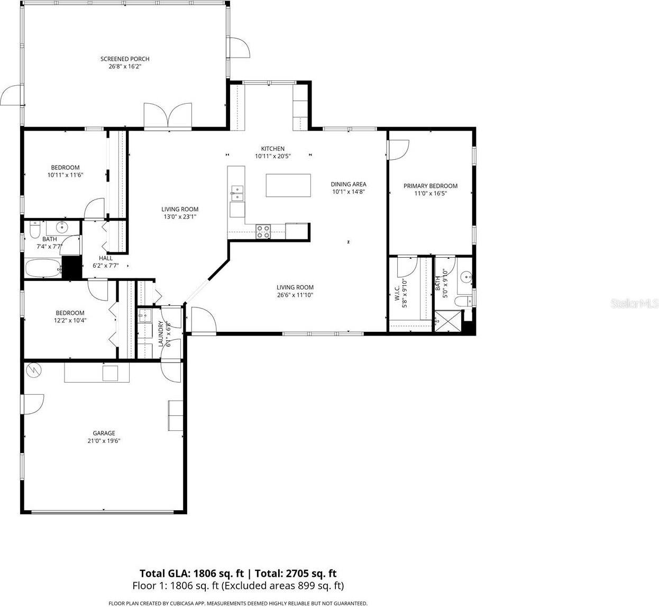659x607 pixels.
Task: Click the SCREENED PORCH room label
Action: (125, 59)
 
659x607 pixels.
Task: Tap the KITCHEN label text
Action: (273, 149)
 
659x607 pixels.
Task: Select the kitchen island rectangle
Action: (288, 185)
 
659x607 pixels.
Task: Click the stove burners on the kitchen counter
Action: (263, 231)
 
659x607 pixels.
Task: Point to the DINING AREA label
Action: (349, 184)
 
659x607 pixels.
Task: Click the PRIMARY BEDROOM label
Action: (430, 186)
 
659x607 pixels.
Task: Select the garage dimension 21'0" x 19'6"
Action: (104, 440)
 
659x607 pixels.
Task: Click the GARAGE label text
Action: (104, 433)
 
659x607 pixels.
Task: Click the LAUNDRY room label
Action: (161, 334)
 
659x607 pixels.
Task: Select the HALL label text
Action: (105, 258)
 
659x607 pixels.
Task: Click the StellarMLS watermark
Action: (634, 304)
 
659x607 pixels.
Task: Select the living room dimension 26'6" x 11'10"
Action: (295, 295)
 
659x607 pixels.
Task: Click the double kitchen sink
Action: (237, 193)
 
